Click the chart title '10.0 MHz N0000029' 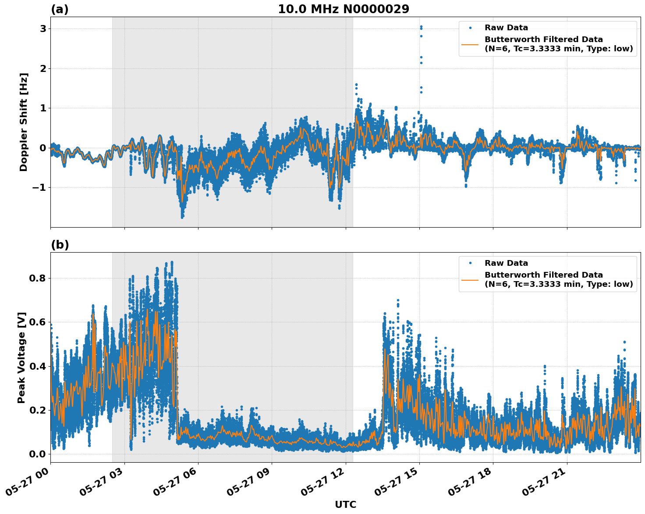pos(344,9)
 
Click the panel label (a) pos(60,9)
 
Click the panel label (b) pos(60,245)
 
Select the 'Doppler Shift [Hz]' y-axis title pos(24,122)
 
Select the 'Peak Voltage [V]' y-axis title pos(21,357)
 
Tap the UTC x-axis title pos(345,504)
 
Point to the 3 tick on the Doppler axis pos(43,29)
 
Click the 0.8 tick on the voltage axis pos(38,278)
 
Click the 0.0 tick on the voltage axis pos(38,454)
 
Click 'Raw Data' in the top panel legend pos(506,28)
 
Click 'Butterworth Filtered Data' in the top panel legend pos(543,39)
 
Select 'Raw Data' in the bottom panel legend pos(506,263)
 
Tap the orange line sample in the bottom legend pos(470,279)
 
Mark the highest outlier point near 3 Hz pos(421,27)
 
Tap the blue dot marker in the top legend pos(470,28)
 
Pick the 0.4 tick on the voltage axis pos(38,366)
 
